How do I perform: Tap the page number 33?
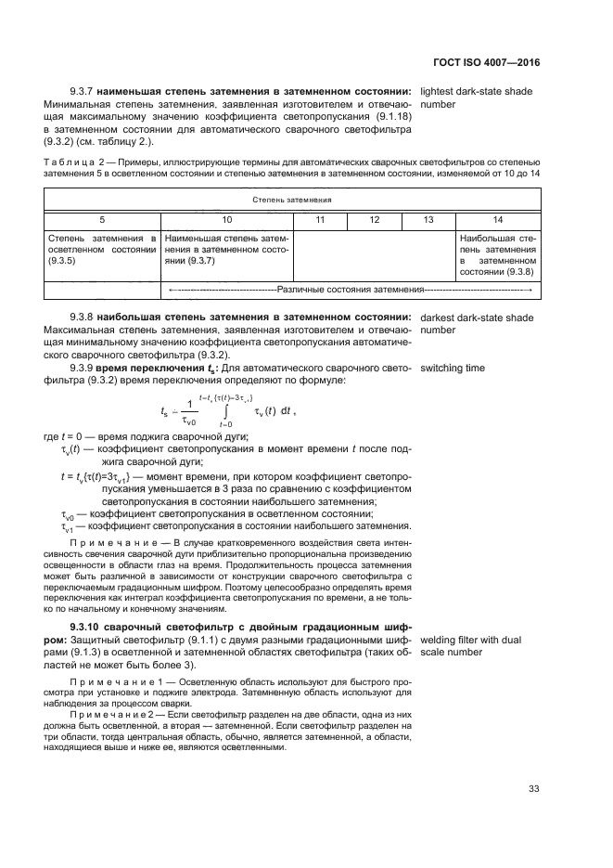(533, 789)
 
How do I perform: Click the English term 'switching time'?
(453, 369)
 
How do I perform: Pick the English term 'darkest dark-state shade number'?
(477, 324)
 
